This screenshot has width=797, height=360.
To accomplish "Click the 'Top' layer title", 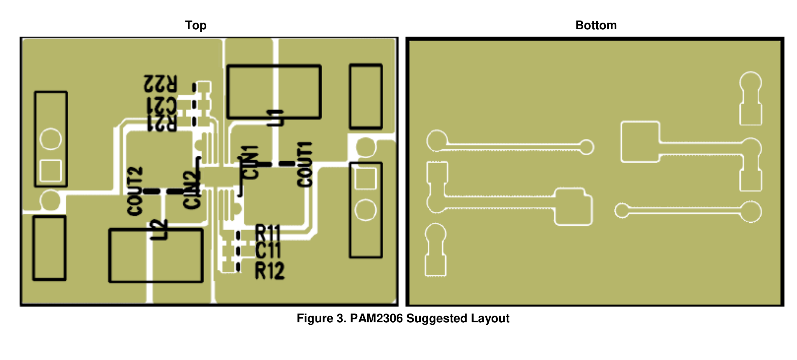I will (196, 26).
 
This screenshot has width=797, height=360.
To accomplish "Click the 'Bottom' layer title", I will (596, 26).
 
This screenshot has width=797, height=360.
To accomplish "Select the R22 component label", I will (160, 84).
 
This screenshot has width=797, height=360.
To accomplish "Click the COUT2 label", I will (135, 191).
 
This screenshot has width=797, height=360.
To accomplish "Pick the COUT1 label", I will (305, 164).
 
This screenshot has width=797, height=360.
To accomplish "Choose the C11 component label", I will (268, 250).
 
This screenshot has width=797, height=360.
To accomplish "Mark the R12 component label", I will (270, 270).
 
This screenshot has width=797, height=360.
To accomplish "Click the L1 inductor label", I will (276, 118).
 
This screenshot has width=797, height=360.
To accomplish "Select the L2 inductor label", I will (159, 230).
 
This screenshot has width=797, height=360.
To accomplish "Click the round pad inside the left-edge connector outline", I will (51, 139).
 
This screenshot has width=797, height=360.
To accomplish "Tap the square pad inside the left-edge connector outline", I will (51, 170).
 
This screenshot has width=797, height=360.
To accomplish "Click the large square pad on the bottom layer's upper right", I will (640, 142).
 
